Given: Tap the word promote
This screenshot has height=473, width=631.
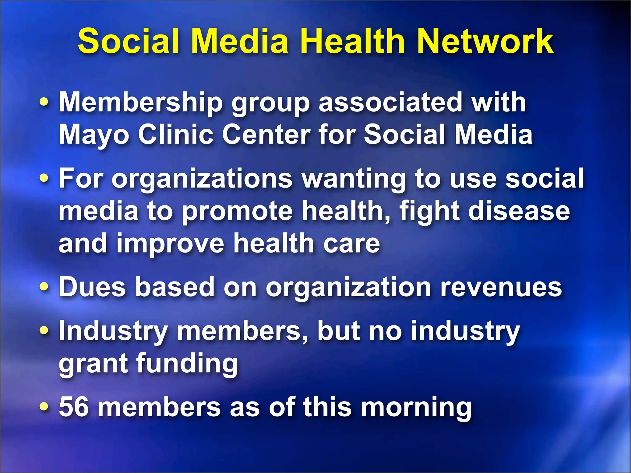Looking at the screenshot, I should tap(237, 212).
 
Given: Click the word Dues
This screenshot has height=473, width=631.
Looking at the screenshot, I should tap(92, 287).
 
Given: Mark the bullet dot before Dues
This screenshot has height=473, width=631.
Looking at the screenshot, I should tap(44, 287).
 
